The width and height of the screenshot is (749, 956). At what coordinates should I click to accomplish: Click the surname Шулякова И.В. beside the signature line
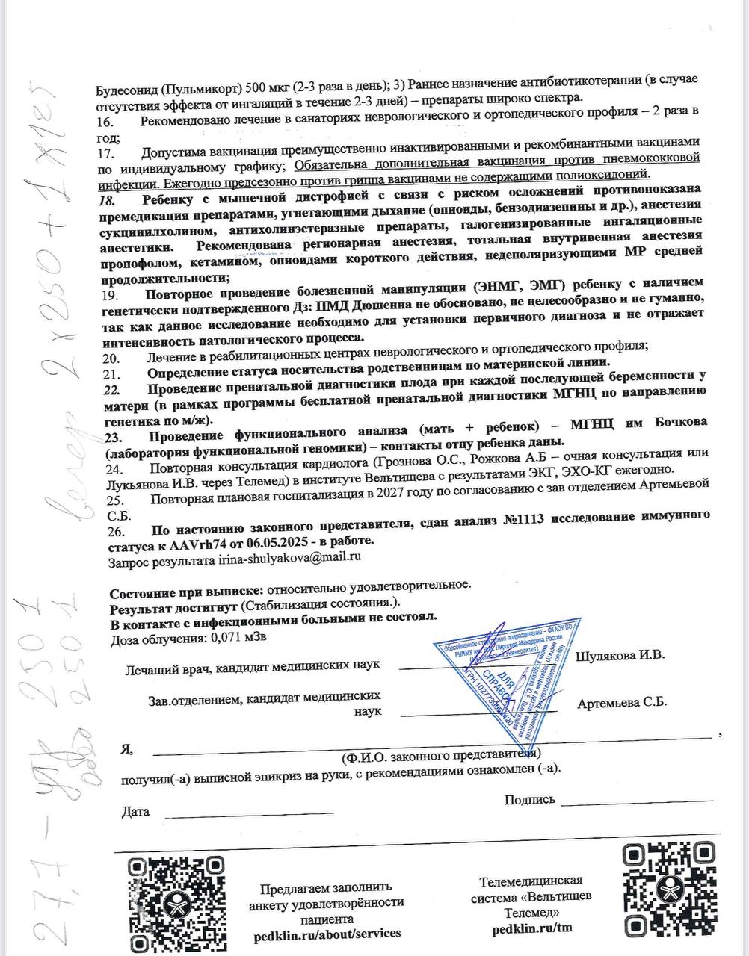(620, 656)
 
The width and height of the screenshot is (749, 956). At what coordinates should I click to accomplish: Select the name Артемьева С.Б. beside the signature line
(622, 703)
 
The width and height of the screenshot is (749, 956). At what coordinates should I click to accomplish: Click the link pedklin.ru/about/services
(326, 934)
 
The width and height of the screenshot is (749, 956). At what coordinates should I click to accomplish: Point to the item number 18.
(109, 200)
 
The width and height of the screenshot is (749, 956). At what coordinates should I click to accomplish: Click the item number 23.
(114, 437)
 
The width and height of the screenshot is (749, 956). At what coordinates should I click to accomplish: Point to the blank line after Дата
(209, 813)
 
